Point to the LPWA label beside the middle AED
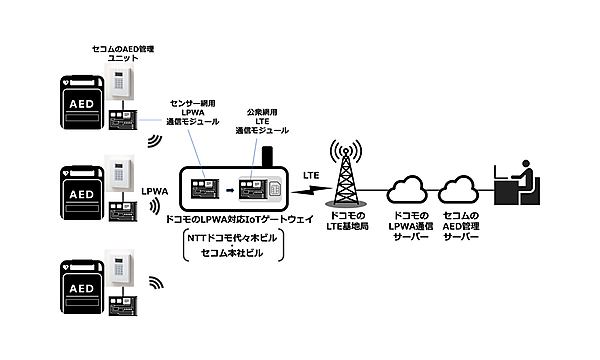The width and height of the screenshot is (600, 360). pos(155,188)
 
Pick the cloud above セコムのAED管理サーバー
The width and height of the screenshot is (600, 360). pos(461,188)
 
